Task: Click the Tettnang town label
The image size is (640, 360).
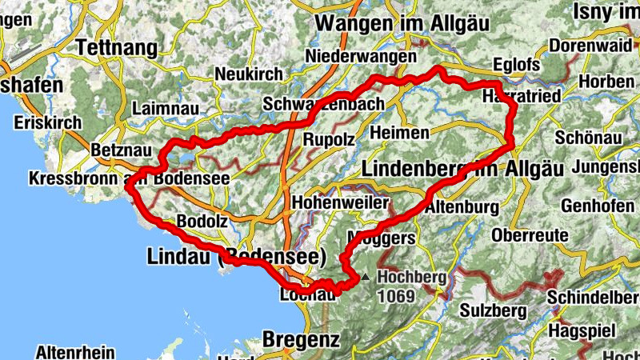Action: (117, 49)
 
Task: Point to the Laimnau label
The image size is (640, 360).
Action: (162, 107)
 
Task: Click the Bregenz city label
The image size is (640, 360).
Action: (301, 338)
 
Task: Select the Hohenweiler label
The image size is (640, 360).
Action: (341, 202)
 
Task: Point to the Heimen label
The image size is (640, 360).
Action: (400, 132)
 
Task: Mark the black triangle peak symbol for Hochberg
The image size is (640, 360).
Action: (366, 277)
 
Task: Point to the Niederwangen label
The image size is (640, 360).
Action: (362, 58)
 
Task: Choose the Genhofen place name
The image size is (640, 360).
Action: (598, 206)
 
